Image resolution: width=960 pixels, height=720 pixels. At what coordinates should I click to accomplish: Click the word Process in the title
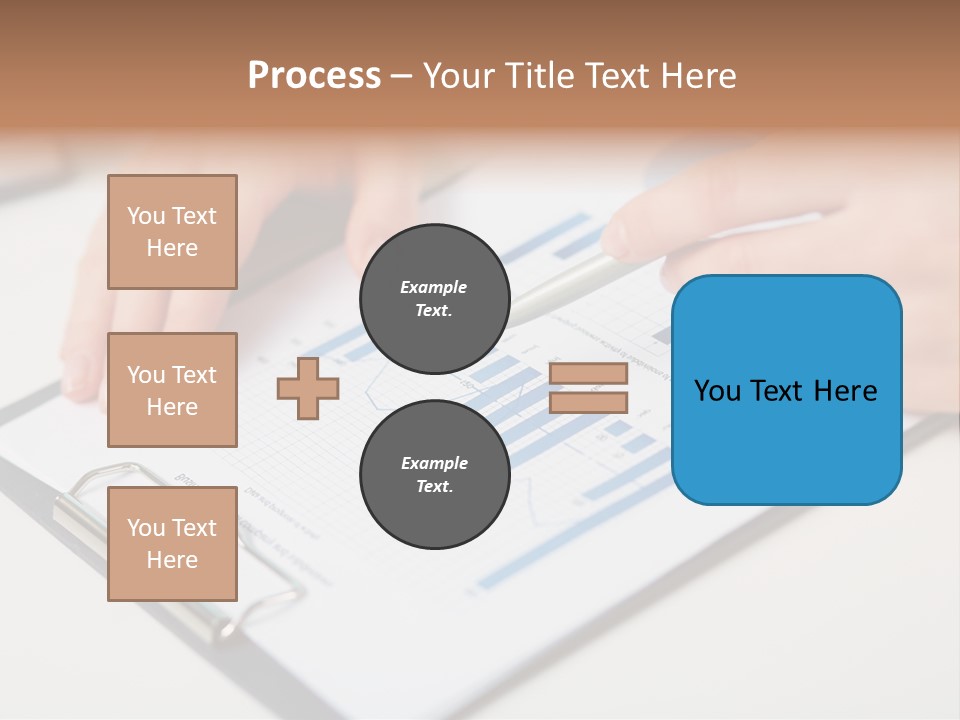(x=314, y=76)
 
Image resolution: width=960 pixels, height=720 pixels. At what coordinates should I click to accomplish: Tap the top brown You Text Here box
(x=172, y=232)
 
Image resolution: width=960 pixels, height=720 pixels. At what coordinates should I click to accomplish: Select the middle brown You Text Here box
(x=172, y=390)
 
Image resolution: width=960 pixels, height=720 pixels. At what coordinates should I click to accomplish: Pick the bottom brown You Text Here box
(x=172, y=544)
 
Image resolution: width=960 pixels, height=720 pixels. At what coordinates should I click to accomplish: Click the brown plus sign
(x=308, y=389)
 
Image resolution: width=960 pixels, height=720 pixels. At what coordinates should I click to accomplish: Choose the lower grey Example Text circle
(x=434, y=475)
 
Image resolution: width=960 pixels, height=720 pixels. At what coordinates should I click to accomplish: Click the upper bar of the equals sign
(x=588, y=374)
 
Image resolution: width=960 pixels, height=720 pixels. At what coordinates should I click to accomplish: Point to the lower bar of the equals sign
(x=588, y=402)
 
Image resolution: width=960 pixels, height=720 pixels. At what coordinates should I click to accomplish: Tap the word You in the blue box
(x=717, y=391)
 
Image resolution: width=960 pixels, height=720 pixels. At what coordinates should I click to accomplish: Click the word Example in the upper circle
(x=434, y=287)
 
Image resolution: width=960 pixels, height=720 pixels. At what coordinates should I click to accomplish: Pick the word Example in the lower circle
(x=434, y=463)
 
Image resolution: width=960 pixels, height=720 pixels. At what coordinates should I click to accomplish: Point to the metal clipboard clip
(x=90, y=500)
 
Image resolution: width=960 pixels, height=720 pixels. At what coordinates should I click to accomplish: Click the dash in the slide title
(x=401, y=76)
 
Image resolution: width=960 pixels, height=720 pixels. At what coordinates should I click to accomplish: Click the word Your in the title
(x=456, y=76)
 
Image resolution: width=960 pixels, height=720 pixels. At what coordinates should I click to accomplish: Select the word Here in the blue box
(x=846, y=391)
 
